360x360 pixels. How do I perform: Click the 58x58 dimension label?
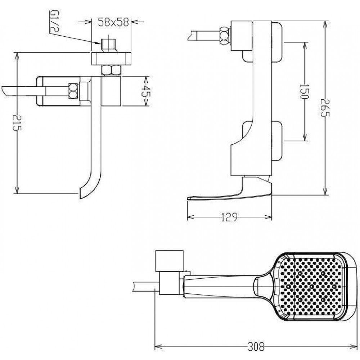(x=113, y=22)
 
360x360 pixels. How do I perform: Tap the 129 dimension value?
(x=229, y=217)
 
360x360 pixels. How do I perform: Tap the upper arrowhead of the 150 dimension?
(x=305, y=44)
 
